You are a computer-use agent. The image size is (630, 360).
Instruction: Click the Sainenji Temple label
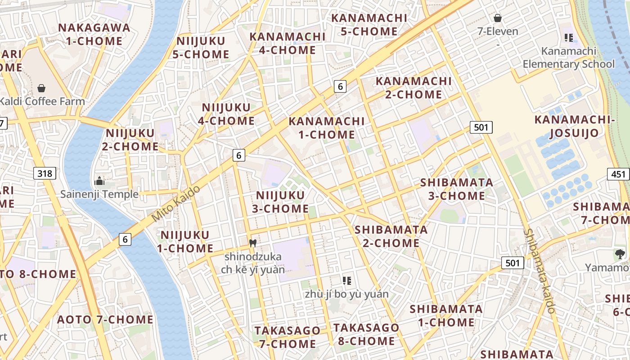coord(99,194)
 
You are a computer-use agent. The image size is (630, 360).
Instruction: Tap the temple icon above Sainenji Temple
coord(99,181)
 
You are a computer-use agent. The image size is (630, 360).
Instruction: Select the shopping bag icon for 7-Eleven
coord(498,18)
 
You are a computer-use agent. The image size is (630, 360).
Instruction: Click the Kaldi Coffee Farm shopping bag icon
coord(41,88)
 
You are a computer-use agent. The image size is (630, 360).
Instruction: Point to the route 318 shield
coord(45,173)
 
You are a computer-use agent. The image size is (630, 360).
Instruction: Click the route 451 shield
coord(618,174)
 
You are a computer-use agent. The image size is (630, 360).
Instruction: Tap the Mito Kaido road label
coord(175,203)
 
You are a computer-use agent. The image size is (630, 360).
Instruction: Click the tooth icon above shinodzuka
coord(252,243)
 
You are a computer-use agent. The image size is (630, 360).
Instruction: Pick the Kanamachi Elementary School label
coord(568,58)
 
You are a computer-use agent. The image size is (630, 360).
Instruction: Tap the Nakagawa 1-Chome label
coord(94,34)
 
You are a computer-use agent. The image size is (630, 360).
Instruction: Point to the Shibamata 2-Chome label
coord(391,236)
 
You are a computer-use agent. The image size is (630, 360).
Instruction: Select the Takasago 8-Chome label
coord(366,334)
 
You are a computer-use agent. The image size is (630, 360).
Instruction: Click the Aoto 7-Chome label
coord(105,320)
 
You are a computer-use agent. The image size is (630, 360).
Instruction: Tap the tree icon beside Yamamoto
coord(620,254)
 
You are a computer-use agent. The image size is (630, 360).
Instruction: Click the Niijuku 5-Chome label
coord(201,48)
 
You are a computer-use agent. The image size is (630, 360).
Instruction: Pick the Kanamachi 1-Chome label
coord(326,128)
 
